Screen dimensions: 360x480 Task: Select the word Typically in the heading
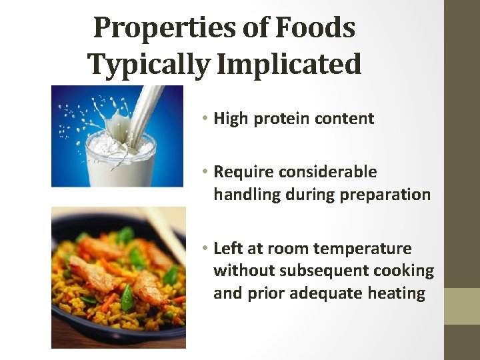click(x=148, y=65)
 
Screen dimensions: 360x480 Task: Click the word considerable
click(x=328, y=172)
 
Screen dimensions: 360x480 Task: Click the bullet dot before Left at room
click(x=207, y=249)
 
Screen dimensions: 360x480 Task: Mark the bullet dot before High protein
click(x=207, y=119)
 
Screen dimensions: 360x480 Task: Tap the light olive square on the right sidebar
click(x=462, y=306)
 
